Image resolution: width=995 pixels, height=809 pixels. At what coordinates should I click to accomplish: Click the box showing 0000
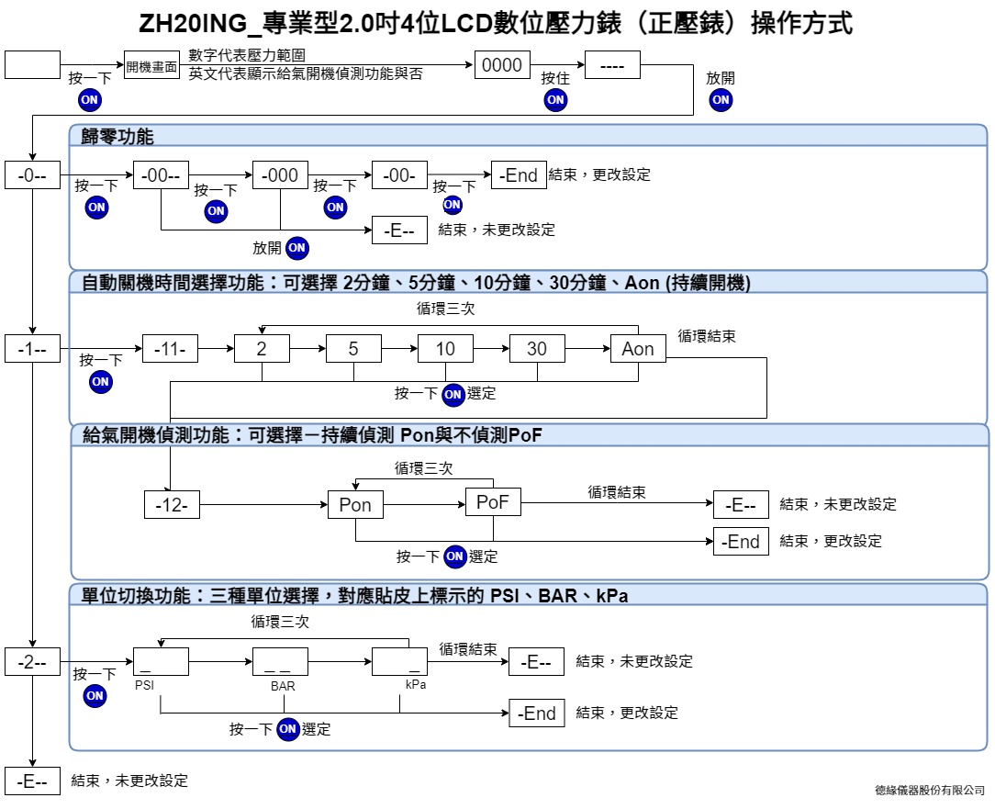point(502,65)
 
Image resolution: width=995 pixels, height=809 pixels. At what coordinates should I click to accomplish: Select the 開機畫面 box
point(151,65)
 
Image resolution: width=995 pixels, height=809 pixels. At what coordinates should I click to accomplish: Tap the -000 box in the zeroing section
point(280,175)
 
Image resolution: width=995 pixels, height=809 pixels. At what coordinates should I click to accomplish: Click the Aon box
point(638,349)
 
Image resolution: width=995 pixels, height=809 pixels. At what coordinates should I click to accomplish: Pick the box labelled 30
point(537,349)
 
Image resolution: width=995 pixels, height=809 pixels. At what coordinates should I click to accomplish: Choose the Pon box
point(355,505)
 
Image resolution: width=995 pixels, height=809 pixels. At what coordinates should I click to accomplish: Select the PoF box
point(493,501)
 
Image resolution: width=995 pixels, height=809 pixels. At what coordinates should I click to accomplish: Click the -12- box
point(172,505)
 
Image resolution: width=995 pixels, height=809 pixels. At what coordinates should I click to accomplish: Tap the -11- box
point(170,349)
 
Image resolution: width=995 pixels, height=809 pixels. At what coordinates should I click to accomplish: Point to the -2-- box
point(32,662)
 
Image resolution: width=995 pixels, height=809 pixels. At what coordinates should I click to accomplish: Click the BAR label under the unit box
point(283,686)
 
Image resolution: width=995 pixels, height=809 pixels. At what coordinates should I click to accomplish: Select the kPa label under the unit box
point(416,684)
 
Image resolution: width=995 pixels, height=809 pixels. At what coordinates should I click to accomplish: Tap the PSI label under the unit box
point(144,685)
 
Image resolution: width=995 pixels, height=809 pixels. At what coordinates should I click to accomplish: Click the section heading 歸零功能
point(117,136)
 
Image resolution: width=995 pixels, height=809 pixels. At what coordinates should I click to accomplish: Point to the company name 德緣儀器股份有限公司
point(930,790)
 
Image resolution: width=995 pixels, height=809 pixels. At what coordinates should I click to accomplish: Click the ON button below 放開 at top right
point(721,100)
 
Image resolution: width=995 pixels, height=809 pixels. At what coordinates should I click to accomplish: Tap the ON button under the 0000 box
point(555,100)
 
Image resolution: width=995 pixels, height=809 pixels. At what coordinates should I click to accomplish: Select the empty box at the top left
point(32,65)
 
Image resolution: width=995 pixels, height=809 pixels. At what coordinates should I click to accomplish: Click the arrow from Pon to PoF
point(424,505)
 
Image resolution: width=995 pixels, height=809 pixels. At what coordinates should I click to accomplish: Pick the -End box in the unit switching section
point(536,713)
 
